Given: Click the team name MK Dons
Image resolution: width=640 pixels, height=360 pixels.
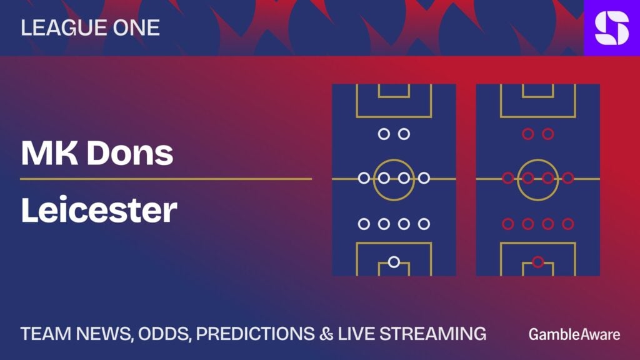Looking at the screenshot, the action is click(97, 153).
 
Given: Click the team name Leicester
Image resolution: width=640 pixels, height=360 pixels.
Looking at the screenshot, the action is click(99, 210).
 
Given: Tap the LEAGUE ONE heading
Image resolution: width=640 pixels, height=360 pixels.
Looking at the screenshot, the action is click(90, 27).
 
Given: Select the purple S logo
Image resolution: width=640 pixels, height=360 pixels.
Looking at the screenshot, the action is click(612, 27).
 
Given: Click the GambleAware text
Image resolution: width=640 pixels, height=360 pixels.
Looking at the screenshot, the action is click(574, 334).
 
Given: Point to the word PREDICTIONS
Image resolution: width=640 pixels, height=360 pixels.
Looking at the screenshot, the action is click(256, 334).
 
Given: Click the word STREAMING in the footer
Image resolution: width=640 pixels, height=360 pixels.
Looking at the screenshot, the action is click(432, 334).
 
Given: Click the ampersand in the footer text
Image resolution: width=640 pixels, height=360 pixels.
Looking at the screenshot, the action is click(326, 334).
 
